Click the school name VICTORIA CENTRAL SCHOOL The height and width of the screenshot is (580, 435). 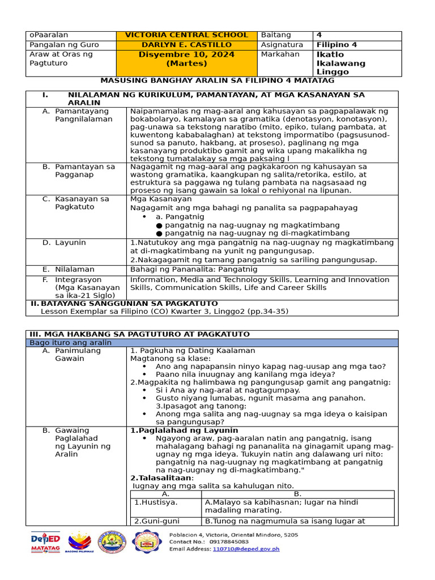click(186, 35)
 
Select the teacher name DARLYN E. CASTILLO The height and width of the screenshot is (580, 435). click(186, 45)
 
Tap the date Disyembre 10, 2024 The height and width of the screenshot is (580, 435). click(186, 54)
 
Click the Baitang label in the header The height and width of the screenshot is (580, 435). click(275, 35)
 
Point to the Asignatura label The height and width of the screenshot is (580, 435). click(282, 45)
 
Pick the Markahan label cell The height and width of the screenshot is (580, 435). click(280, 54)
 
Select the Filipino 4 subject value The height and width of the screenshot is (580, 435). click(336, 45)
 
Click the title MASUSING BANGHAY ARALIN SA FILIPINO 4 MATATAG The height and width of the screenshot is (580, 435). click(217, 81)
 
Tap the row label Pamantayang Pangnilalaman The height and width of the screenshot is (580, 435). click(83, 115)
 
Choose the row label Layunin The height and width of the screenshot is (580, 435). click(70, 242)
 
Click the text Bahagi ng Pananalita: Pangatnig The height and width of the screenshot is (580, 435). click(194, 270)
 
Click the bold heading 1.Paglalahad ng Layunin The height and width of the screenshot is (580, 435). click(176, 430)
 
